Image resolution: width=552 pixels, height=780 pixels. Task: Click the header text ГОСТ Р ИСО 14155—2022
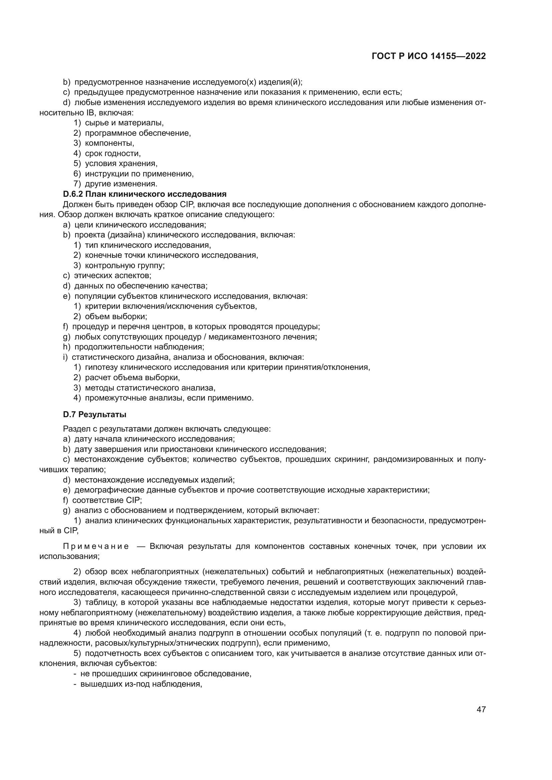point(429,56)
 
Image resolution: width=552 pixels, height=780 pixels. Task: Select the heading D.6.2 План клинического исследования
point(145,194)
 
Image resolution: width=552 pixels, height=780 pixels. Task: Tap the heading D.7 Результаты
point(94,415)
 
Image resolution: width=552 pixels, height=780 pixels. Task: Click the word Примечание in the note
point(96,546)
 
